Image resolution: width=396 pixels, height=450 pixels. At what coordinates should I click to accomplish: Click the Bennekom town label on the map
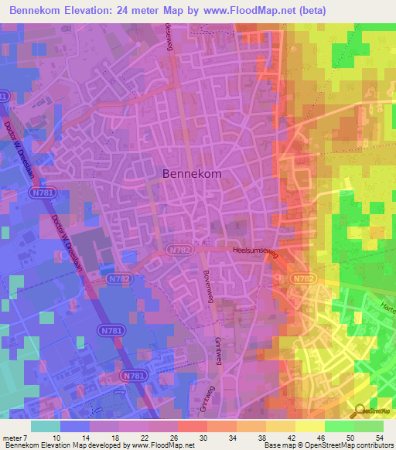[x=192, y=174]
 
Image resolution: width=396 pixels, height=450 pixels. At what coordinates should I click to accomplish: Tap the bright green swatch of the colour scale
[x=339, y=426]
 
